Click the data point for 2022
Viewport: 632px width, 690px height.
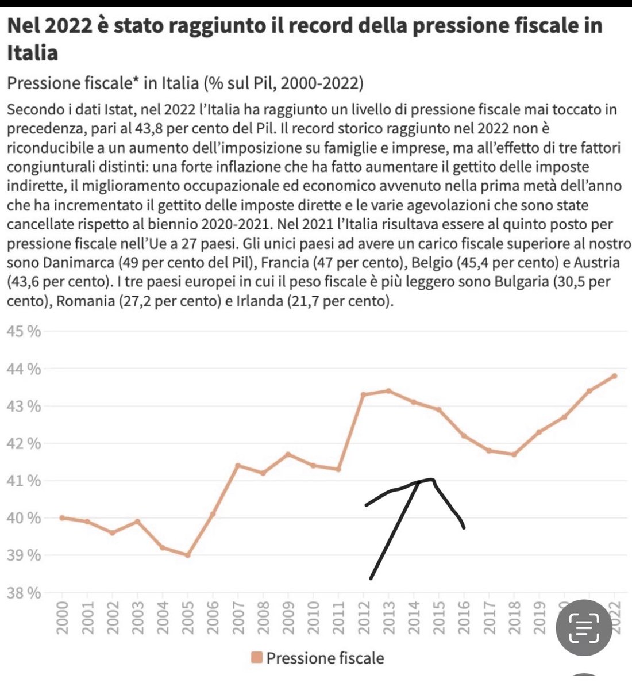(x=614, y=376)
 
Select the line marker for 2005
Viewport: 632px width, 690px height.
(x=187, y=555)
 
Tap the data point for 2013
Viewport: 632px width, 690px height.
(x=388, y=391)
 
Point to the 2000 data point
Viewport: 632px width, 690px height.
(x=61, y=517)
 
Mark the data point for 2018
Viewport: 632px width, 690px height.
(x=514, y=454)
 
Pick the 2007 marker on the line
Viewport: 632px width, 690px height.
(x=238, y=465)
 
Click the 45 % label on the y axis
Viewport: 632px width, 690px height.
(x=24, y=332)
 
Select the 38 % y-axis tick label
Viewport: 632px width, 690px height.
(x=24, y=593)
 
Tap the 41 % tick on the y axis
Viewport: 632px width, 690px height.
(x=24, y=481)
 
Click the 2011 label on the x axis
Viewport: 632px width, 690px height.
(x=338, y=618)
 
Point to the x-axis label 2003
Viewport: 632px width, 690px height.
(x=137, y=618)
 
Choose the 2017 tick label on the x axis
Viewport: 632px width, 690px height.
(x=489, y=618)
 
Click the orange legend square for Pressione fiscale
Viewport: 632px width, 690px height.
(x=257, y=658)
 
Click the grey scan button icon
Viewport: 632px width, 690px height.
(x=583, y=627)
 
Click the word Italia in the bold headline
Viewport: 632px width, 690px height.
(x=32, y=53)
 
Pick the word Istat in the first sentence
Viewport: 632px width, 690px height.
(x=113, y=109)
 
